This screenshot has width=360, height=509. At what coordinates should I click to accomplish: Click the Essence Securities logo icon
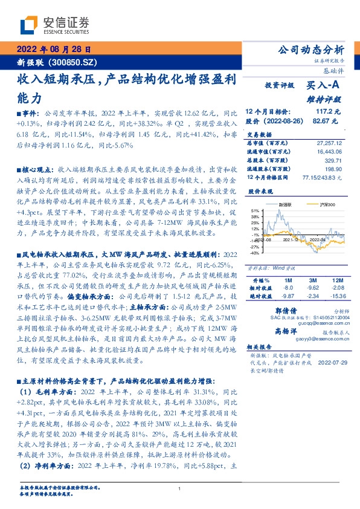pos(28,25)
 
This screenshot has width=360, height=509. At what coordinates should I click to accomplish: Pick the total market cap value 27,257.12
pos(329,143)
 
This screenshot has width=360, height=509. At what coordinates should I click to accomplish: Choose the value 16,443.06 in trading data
pos(329,152)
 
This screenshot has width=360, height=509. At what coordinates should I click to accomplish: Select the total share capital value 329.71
pos(333,160)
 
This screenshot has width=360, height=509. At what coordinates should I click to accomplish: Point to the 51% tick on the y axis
pos(256,210)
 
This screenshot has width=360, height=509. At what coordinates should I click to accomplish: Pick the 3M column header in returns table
pos(312,280)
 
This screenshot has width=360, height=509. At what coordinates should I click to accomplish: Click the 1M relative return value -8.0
pos(288,288)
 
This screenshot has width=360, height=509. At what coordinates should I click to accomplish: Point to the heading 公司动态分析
pos(310,50)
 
